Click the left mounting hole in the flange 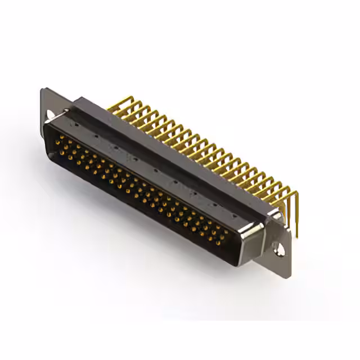[51, 114]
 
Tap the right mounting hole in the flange [277, 245]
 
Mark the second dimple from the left [96, 135]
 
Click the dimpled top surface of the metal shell [157, 169]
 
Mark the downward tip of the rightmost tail [294, 235]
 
